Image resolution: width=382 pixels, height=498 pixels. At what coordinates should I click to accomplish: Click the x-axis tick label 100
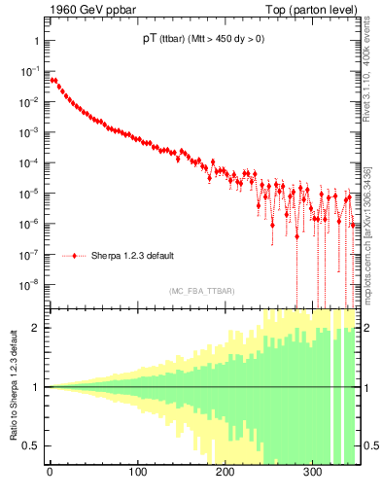137,474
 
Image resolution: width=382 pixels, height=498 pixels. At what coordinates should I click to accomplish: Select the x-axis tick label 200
225,474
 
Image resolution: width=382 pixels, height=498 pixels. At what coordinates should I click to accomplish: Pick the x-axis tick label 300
312,474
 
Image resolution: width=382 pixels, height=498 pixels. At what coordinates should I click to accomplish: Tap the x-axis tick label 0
50,474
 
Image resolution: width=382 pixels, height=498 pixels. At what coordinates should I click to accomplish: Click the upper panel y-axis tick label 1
35,41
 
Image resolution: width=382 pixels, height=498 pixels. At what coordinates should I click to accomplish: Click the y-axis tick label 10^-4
30,162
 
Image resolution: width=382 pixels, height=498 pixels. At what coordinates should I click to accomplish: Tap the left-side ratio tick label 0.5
31,445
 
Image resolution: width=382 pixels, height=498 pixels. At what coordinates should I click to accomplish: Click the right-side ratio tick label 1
365,387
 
